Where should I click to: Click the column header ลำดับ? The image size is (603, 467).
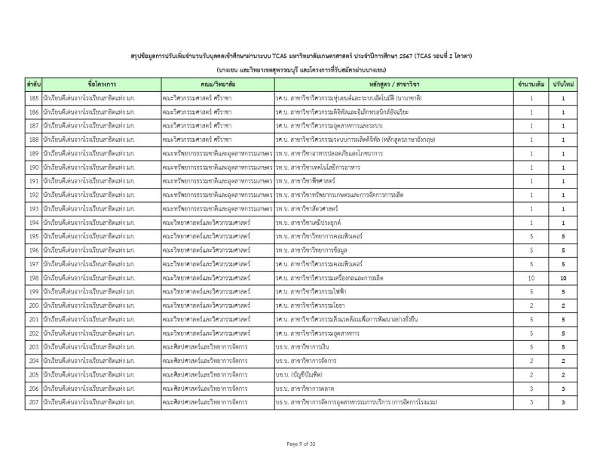tap(33, 83)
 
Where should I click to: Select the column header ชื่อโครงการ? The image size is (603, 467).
tap(100, 83)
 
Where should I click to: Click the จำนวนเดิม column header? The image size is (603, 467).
tap(531, 83)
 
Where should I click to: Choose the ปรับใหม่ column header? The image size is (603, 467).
tap(563, 83)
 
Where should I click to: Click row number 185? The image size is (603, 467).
tap(33, 98)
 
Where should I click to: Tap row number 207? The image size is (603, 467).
tap(33, 402)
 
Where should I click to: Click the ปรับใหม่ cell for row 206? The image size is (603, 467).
tap(563, 389)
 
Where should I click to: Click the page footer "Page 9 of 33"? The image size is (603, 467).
tap(301, 444)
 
